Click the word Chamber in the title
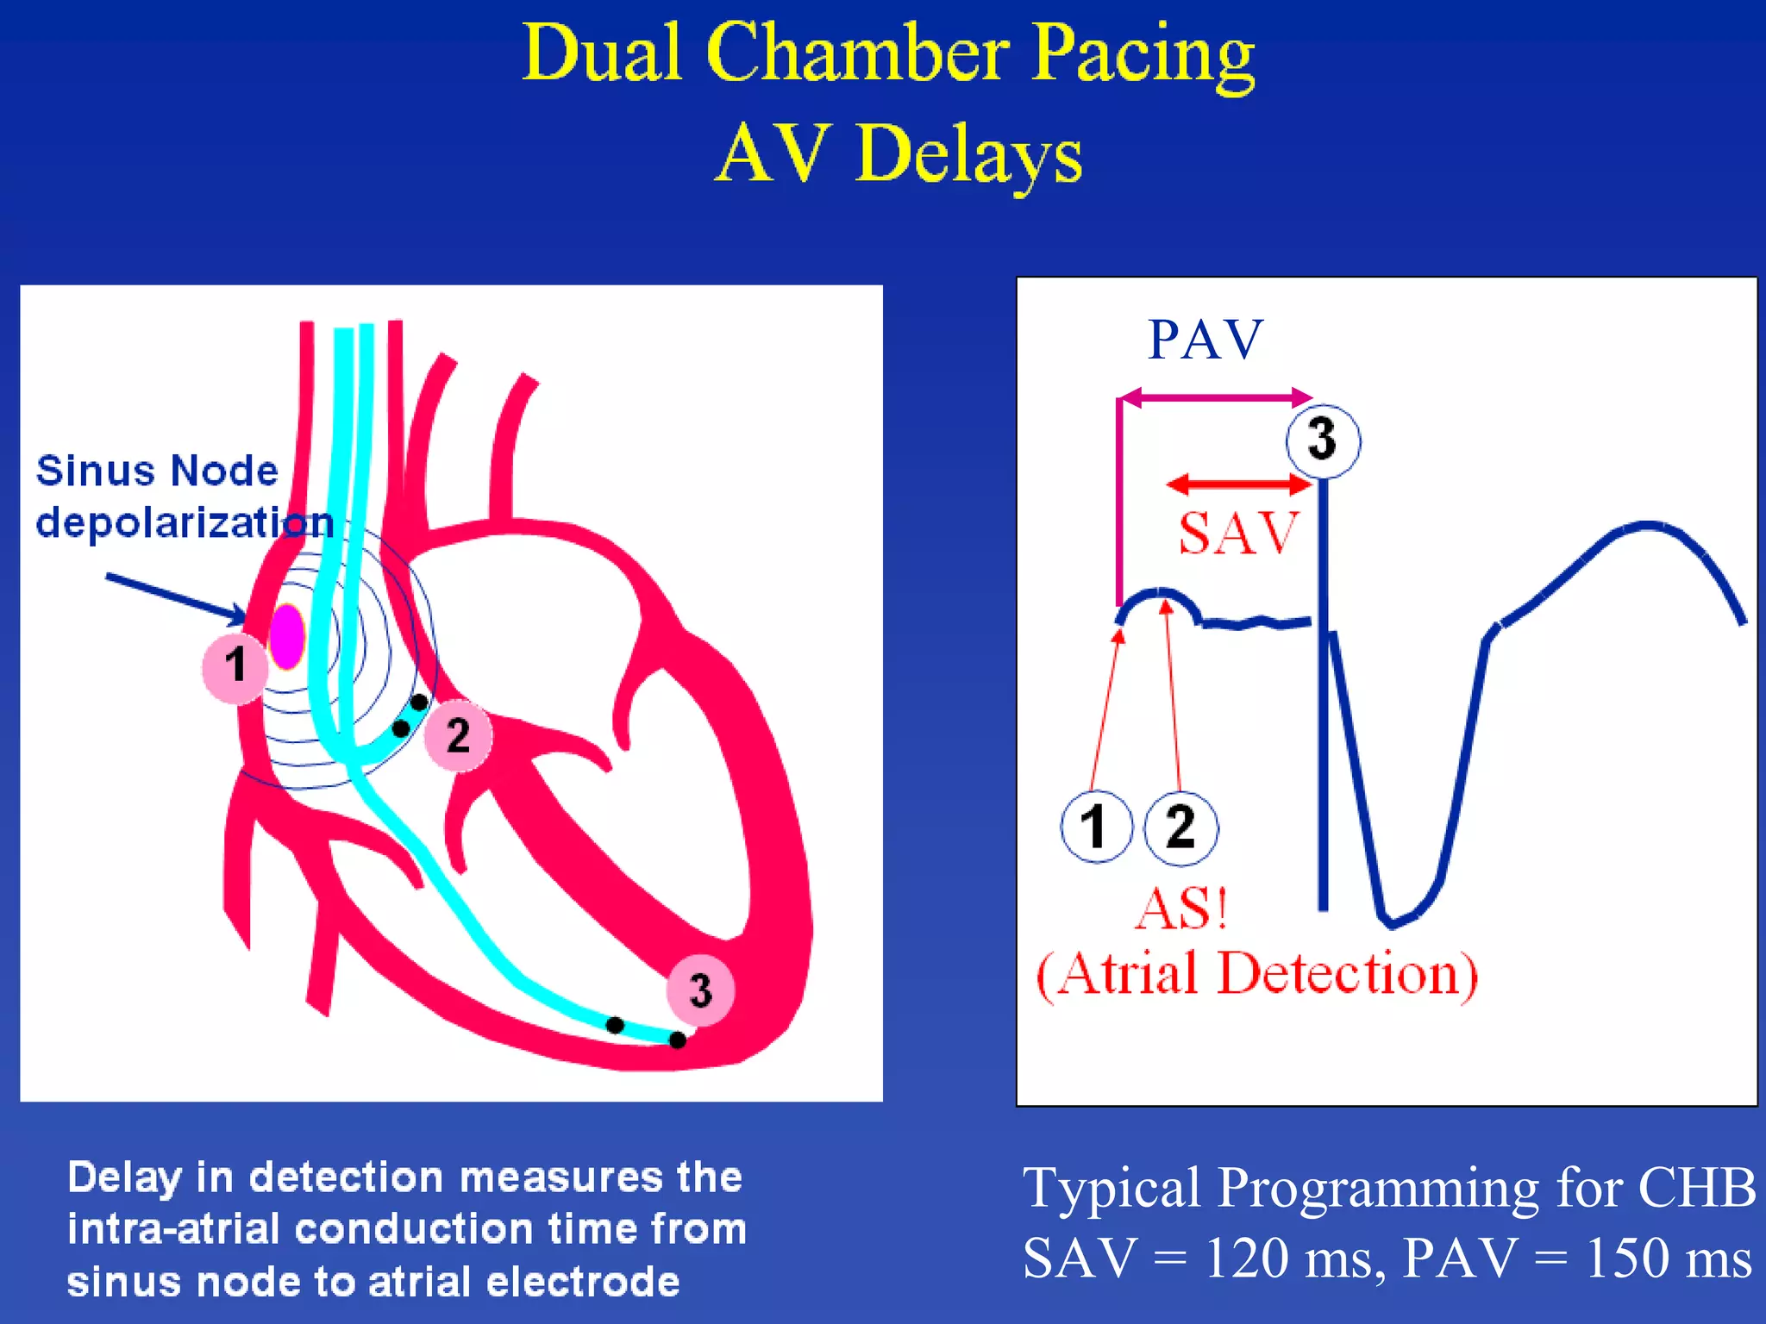click(x=857, y=53)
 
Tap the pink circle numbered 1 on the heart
click(x=234, y=667)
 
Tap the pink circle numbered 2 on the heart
click(x=458, y=735)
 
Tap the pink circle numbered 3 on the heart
click(x=700, y=990)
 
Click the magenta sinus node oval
click(x=287, y=636)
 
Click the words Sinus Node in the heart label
click(x=157, y=472)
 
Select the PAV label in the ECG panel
click(x=1205, y=340)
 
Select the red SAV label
click(x=1237, y=533)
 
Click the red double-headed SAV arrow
click(x=1238, y=484)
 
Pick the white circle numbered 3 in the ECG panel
click(x=1323, y=440)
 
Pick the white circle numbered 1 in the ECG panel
click(x=1096, y=827)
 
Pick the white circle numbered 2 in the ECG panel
click(x=1180, y=827)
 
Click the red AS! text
click(x=1181, y=909)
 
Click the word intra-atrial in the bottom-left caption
click(x=172, y=1228)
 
